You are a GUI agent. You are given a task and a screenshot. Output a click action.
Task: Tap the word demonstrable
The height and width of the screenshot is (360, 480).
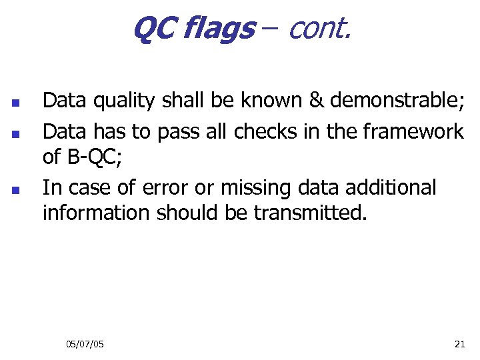tap(395, 101)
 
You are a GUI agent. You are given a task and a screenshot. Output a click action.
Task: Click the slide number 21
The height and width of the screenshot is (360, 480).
tap(459, 344)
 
